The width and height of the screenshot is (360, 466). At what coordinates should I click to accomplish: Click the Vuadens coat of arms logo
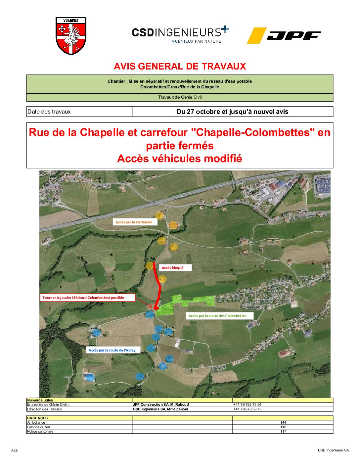[71, 36]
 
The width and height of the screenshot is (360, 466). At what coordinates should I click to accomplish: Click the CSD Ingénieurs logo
[180, 34]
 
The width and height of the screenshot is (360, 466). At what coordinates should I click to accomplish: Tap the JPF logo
[284, 35]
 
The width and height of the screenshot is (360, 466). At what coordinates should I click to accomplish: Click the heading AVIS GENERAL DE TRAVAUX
[180, 67]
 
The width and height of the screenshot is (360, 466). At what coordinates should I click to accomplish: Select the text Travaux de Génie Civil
[180, 97]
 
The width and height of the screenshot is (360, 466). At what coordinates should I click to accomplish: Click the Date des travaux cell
[49, 112]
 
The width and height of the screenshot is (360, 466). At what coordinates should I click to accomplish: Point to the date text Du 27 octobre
[232, 112]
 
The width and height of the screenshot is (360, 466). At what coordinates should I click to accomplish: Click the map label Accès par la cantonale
[134, 222]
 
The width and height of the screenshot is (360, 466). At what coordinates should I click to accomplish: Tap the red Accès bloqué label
[172, 268]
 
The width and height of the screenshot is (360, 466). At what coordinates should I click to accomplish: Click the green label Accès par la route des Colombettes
[217, 316]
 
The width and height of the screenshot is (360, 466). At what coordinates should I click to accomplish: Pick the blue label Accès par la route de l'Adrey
[112, 350]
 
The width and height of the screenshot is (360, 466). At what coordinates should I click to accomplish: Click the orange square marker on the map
[173, 226]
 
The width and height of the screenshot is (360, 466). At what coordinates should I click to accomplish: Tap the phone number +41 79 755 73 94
[247, 404]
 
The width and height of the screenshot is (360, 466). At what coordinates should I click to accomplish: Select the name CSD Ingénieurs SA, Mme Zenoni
[160, 409]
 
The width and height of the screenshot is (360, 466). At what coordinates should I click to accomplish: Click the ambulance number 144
[283, 422]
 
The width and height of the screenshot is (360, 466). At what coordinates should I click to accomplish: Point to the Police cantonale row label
[40, 431]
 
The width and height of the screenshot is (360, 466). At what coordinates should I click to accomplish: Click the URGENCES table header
[37, 418]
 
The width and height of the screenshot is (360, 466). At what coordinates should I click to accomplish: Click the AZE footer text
[15, 450]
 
